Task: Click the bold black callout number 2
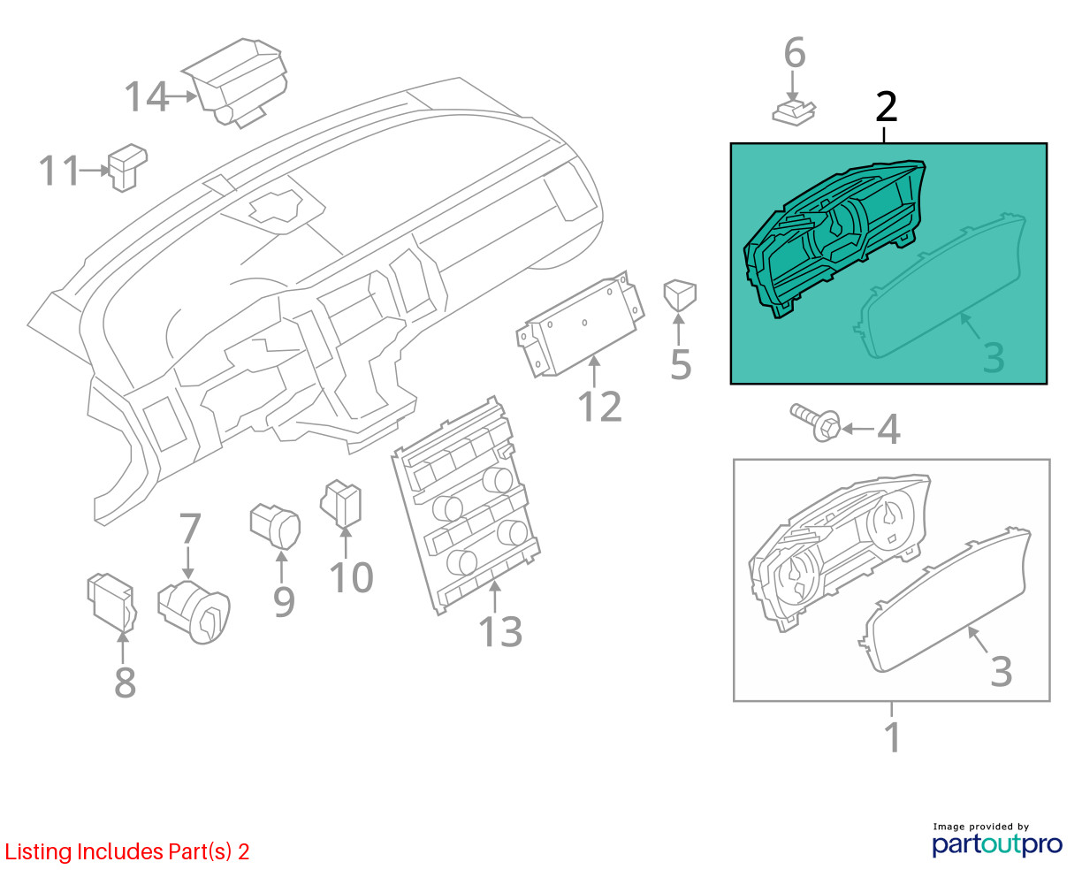[887, 107]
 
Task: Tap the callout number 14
[147, 96]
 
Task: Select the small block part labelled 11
[128, 167]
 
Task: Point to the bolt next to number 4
[815, 423]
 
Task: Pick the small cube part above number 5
[680, 294]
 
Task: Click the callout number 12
[600, 407]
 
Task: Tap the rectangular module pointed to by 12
[580, 324]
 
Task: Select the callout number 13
[500, 631]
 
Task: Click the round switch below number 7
[194, 612]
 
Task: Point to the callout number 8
[125, 682]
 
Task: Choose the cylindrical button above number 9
[275, 526]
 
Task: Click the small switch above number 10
[341, 503]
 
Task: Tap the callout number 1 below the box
[893, 736]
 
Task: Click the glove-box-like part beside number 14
[234, 82]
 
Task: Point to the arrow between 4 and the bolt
[857, 429]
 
